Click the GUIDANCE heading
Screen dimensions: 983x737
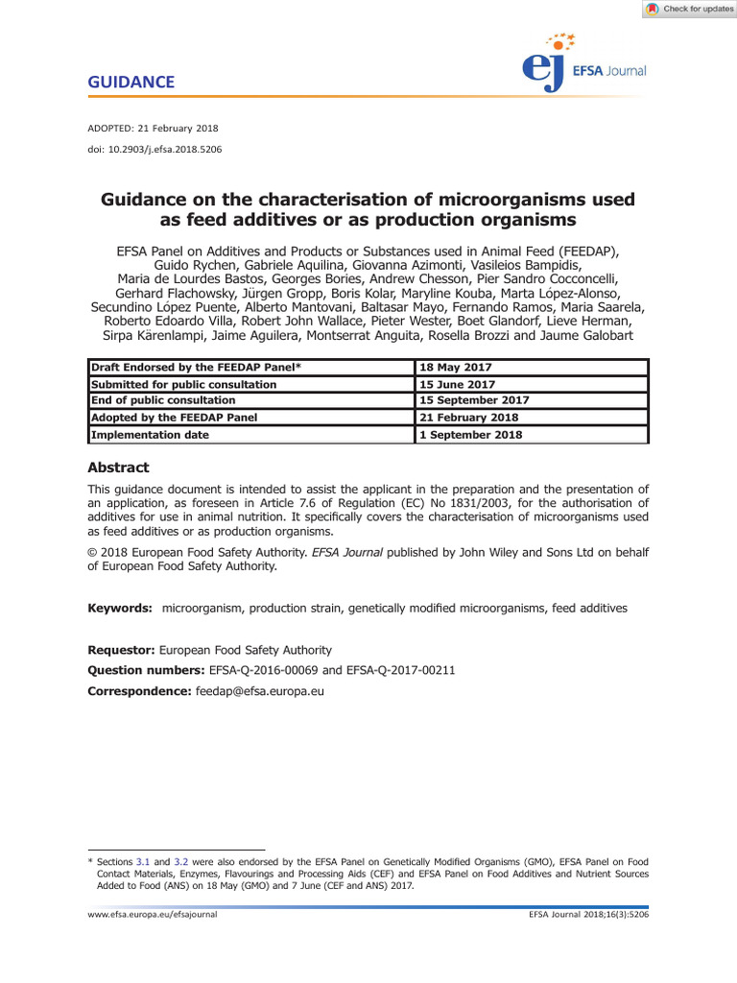[x=131, y=83]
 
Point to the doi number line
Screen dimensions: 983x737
[x=155, y=149]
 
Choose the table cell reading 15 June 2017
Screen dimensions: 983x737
[x=460, y=384]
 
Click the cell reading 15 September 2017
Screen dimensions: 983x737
[x=474, y=400]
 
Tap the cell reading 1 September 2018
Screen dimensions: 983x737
[x=471, y=434]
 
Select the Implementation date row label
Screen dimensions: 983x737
[x=150, y=434]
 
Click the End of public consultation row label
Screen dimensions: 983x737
[x=163, y=400]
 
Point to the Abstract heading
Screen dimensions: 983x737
[x=118, y=468]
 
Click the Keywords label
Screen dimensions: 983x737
[x=120, y=609]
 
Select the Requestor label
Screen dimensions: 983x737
[x=121, y=650]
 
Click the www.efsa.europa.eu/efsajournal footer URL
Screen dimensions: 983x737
[x=153, y=916]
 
